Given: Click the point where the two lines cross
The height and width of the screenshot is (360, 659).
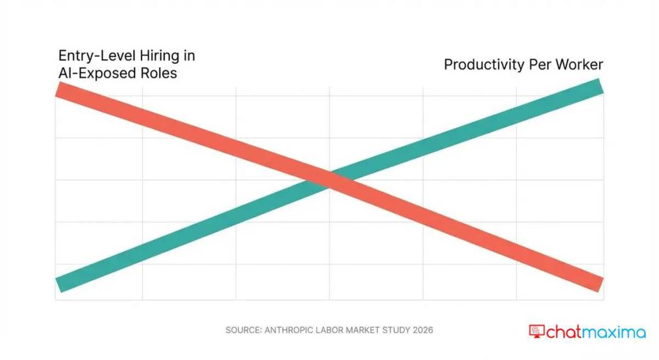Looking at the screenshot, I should pos(329,180).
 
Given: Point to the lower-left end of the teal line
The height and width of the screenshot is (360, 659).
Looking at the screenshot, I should pos(59,284).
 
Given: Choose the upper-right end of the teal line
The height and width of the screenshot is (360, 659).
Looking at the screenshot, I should pos(600,86).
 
